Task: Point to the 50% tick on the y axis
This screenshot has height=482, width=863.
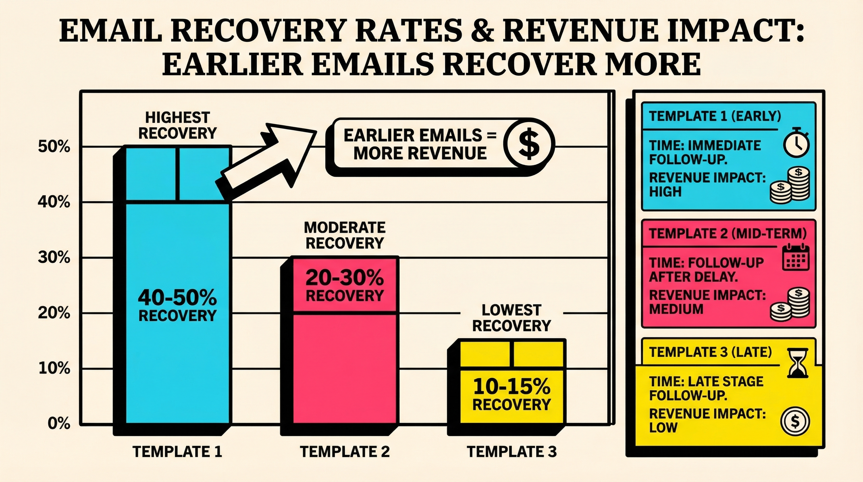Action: click(x=54, y=147)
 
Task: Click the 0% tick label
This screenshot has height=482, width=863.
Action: click(x=59, y=424)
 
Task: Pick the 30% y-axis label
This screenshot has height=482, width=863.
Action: click(x=54, y=258)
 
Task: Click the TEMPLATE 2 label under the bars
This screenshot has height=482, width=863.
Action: click(x=345, y=452)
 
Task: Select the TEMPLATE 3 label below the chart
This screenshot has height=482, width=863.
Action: click(x=511, y=452)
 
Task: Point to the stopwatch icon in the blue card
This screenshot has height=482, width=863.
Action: click(x=796, y=147)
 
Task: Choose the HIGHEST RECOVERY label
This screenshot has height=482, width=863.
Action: click(x=177, y=126)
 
